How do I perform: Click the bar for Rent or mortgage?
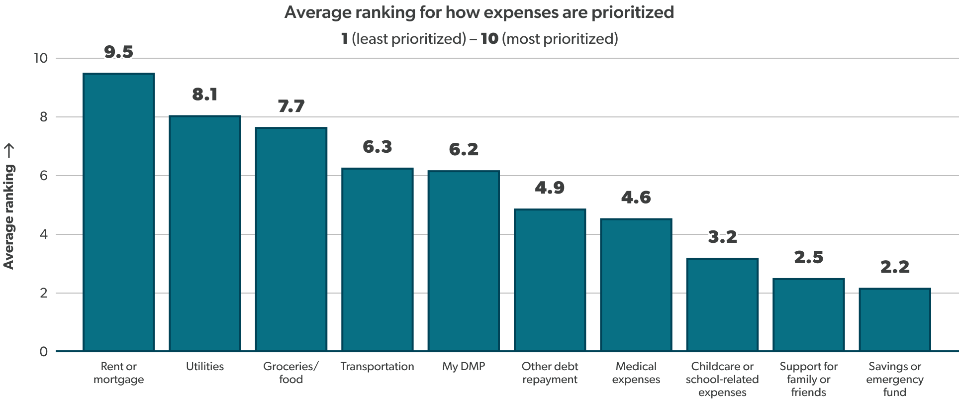[119, 212]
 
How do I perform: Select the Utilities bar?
[205, 234]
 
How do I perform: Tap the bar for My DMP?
[464, 261]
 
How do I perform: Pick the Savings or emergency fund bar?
[894, 320]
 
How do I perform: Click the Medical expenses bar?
[636, 285]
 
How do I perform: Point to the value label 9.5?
[119, 52]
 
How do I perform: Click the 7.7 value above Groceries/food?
[291, 106]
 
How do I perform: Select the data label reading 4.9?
[550, 188]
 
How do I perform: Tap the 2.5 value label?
[808, 257]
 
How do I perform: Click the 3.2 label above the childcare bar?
[722, 237]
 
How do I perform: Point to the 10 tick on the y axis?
[40, 59]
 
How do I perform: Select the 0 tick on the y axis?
[44, 352]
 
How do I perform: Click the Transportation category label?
[377, 367]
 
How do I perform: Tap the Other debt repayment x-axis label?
[550, 373]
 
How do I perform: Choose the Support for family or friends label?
[808, 379]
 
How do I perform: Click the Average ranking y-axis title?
[9, 207]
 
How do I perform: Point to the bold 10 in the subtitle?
[489, 39]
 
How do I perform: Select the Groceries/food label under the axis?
[291, 373]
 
